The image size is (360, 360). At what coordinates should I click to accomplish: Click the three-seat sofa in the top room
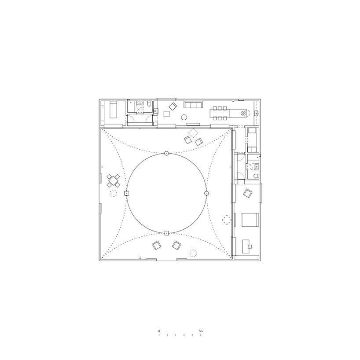[193, 105]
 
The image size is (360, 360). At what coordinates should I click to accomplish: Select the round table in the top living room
[184, 118]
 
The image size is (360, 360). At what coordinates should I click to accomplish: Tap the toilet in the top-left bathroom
[149, 104]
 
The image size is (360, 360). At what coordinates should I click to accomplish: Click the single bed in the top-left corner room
[114, 110]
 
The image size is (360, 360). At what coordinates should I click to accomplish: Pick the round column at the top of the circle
[166, 153]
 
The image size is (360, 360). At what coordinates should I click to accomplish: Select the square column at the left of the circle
[126, 193]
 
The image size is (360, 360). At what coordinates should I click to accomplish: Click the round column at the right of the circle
[206, 193]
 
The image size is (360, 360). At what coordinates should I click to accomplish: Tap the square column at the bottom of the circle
[166, 234]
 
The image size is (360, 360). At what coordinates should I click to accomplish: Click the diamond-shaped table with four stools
[113, 180]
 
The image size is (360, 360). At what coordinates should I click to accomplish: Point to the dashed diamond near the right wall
[227, 220]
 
